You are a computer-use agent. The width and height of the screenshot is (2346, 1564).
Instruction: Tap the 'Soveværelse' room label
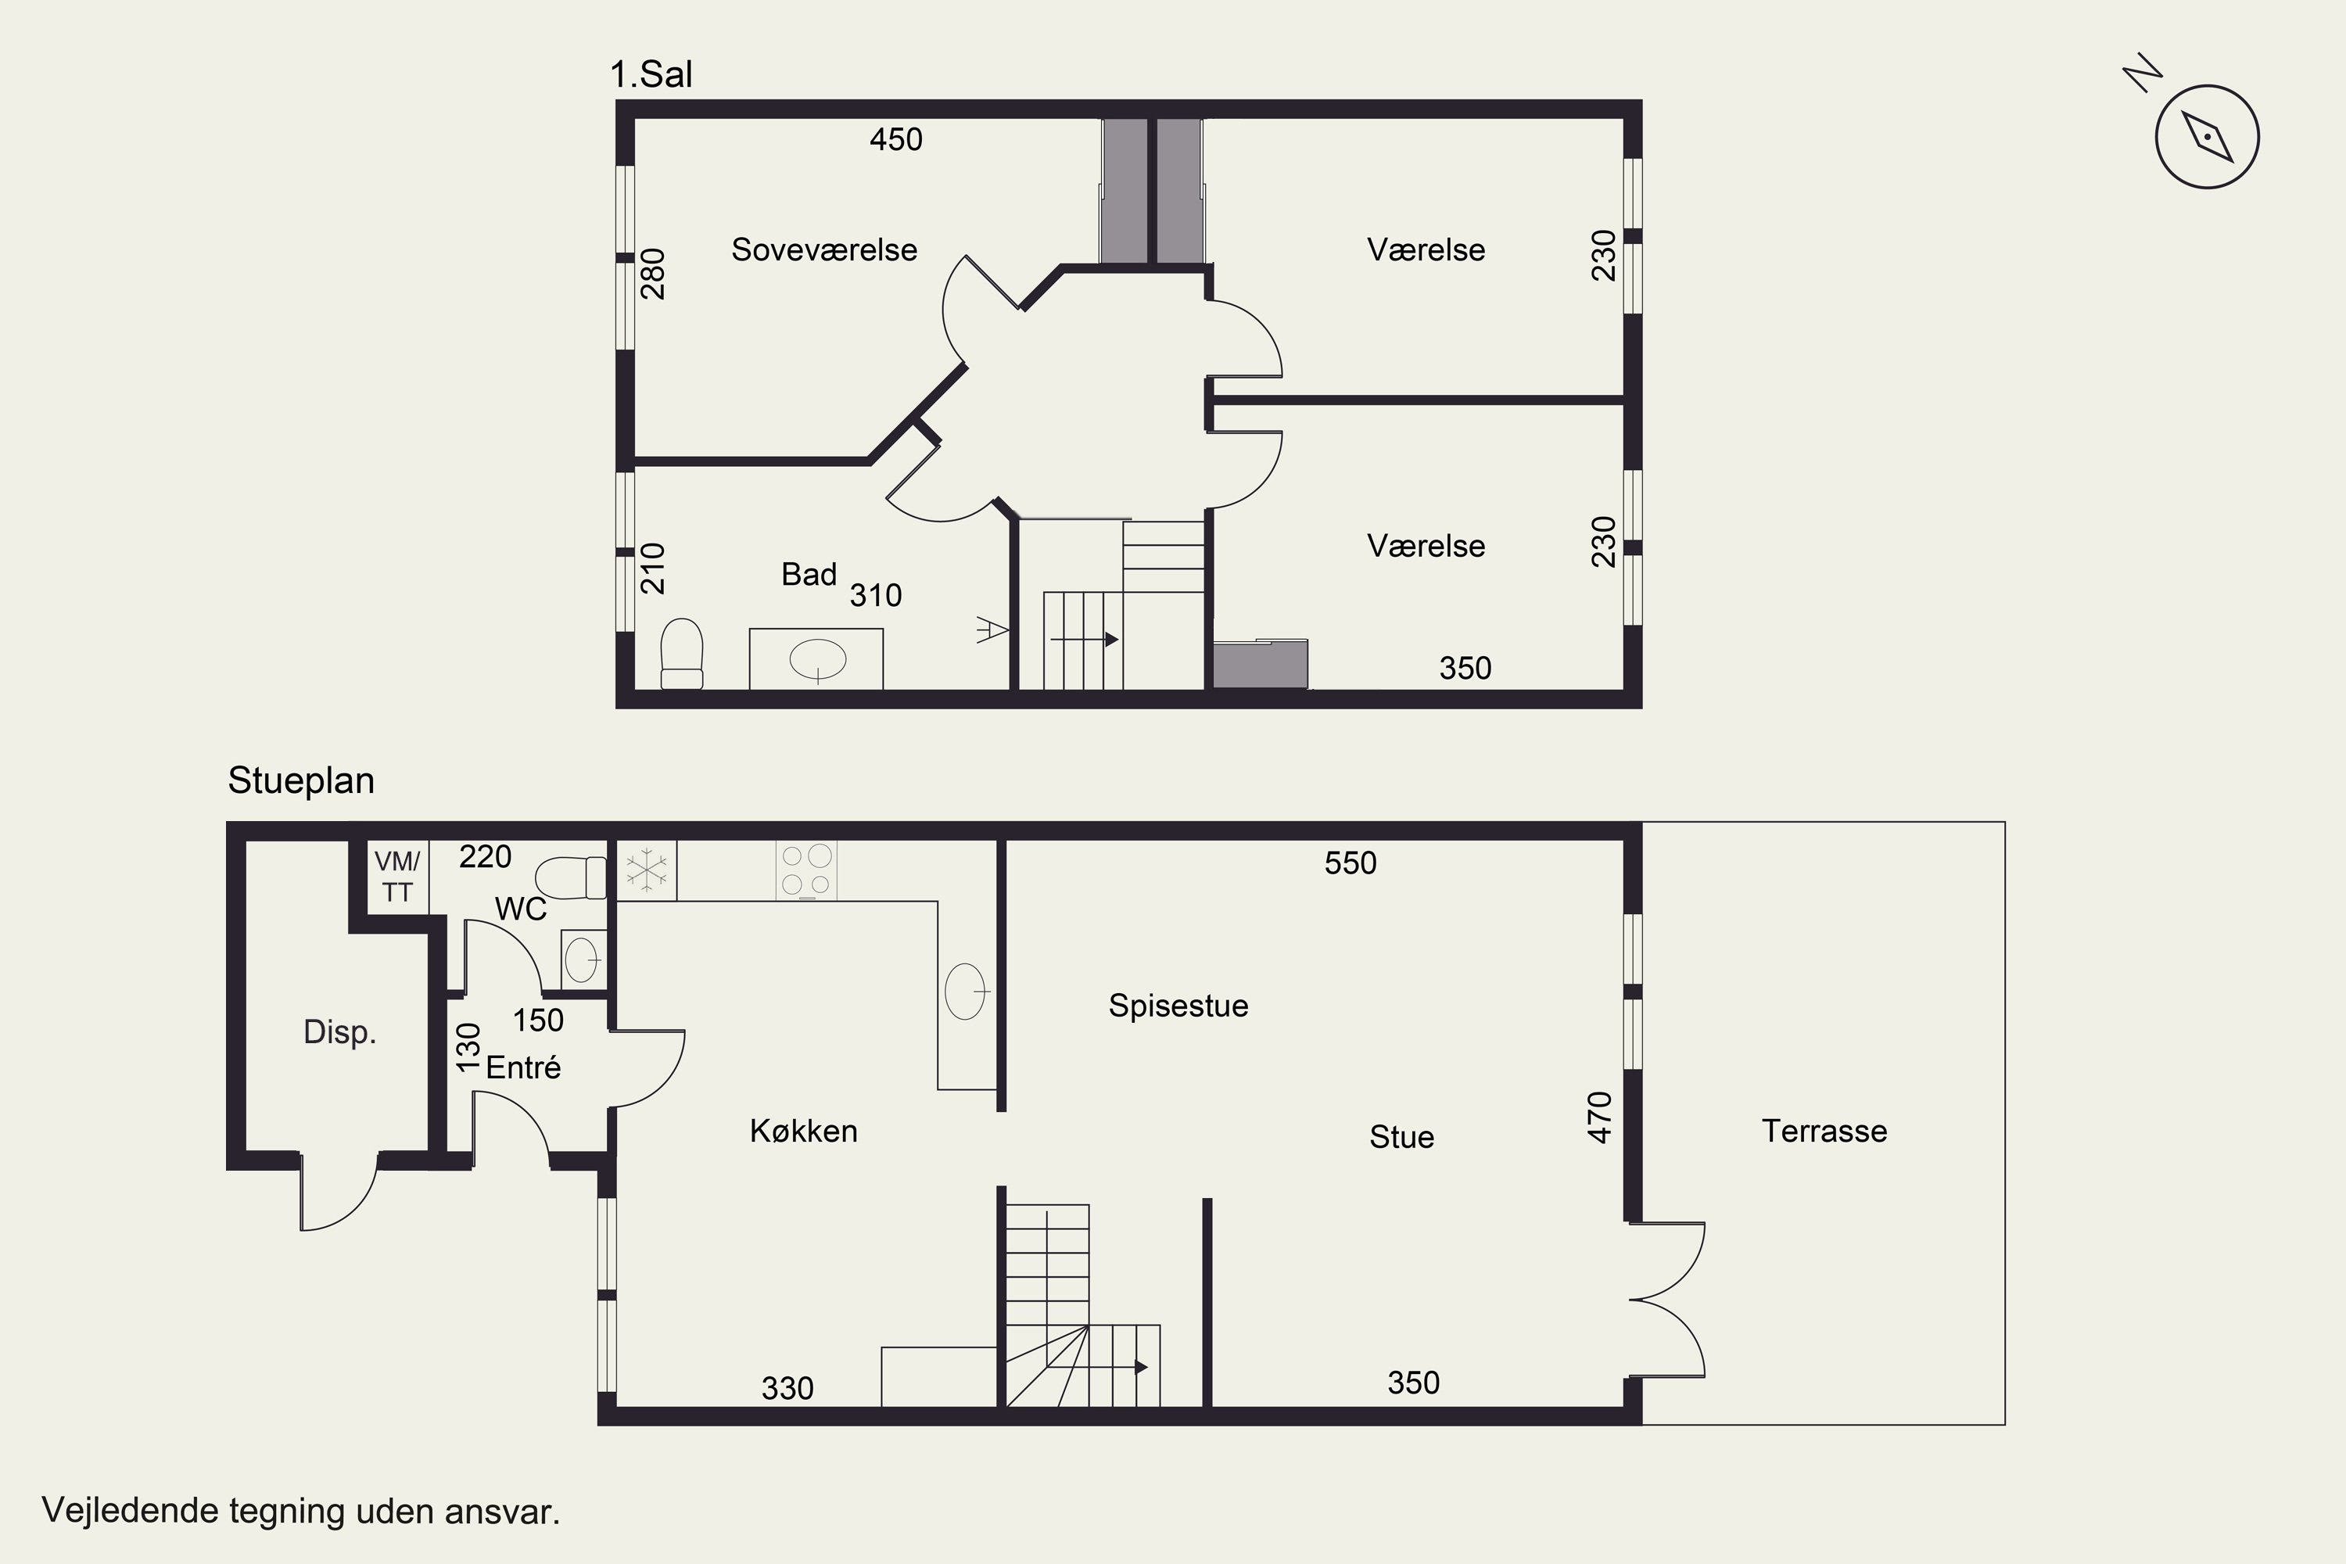coord(824,249)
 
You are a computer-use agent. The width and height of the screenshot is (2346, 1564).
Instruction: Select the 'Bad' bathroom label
coord(808,575)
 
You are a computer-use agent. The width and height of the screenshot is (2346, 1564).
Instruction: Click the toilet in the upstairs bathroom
coord(682,653)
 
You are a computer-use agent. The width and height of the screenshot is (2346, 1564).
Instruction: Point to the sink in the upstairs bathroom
coord(818,659)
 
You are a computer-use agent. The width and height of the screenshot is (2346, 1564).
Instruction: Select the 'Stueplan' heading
coord(301,780)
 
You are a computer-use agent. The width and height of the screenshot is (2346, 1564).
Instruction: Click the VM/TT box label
coord(397,877)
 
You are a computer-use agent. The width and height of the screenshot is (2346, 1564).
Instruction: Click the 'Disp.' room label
coord(339,1032)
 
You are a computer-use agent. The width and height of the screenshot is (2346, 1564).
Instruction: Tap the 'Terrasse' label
coord(1824,1131)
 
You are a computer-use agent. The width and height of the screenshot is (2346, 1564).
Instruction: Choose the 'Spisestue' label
coord(1178,1006)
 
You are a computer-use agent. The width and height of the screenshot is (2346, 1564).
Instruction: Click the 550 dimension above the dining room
coord(1351,863)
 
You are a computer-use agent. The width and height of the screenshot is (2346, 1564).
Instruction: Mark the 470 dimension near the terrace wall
coord(1600,1117)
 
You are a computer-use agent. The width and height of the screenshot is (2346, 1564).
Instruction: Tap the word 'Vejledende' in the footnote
coord(131,1510)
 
